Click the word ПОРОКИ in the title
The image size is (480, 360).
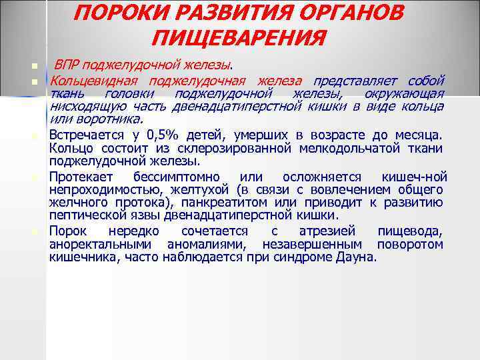(123, 15)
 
